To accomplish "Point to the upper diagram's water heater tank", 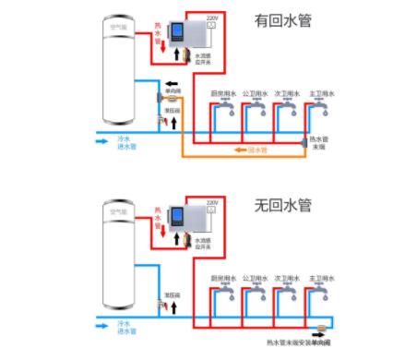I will (117, 74).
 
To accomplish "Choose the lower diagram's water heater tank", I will (117, 258).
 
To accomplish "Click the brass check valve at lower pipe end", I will (319, 328).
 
